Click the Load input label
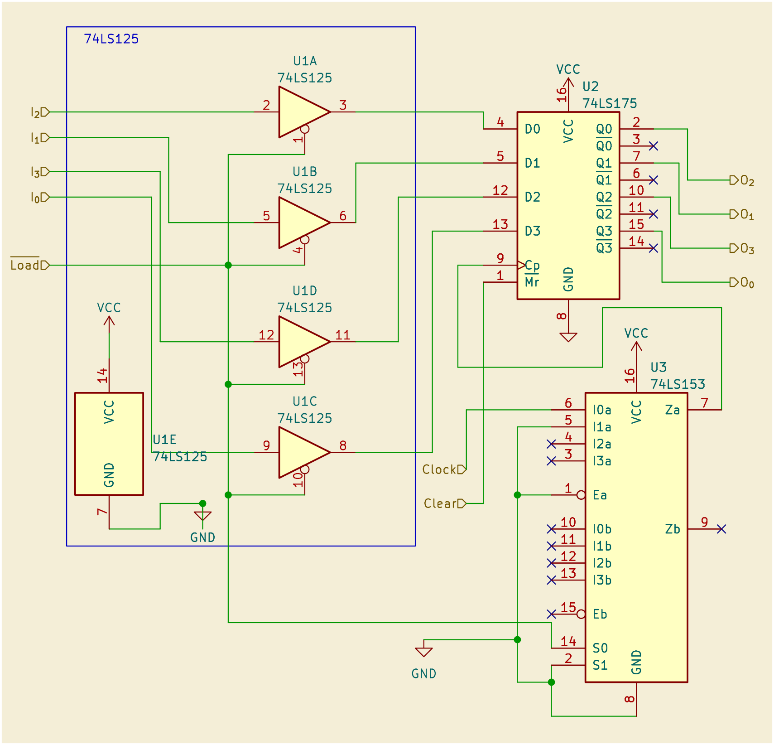click(x=25, y=265)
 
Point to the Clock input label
click(x=439, y=469)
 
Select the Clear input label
click(x=440, y=503)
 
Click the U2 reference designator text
click(x=591, y=87)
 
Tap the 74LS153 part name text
click(x=678, y=384)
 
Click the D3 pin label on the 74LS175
click(x=533, y=231)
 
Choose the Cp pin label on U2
click(x=532, y=265)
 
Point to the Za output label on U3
click(x=673, y=410)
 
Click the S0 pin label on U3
click(x=601, y=648)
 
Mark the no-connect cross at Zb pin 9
click(x=721, y=529)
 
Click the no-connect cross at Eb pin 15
click(x=551, y=614)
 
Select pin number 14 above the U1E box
click(x=103, y=376)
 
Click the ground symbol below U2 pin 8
click(x=568, y=337)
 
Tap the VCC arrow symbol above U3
click(x=636, y=346)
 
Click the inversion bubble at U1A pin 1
click(x=305, y=129)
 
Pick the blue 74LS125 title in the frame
click(x=111, y=39)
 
